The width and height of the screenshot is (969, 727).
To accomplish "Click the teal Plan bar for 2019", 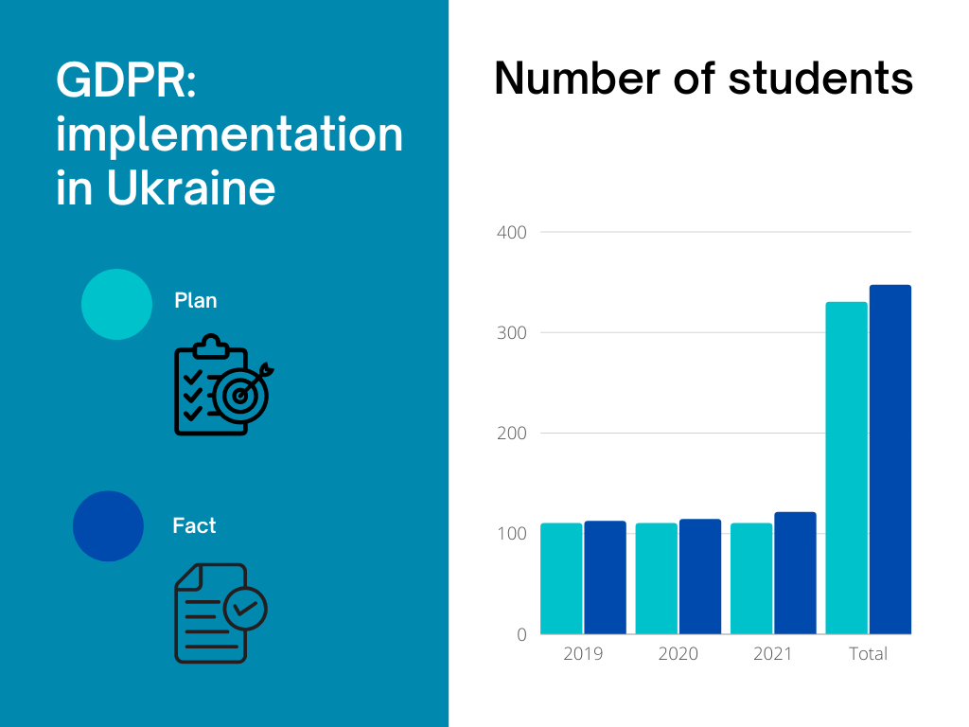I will click(x=561, y=578).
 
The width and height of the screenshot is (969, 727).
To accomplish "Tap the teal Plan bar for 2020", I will click(x=656, y=578).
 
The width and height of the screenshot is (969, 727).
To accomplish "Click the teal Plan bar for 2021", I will click(x=751, y=578).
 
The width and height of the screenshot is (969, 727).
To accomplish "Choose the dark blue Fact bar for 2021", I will click(x=795, y=573).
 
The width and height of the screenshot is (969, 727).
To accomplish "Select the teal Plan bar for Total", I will click(x=846, y=468).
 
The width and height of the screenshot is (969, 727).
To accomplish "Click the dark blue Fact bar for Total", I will click(x=890, y=459).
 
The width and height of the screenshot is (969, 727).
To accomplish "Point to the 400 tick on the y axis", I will click(x=511, y=232).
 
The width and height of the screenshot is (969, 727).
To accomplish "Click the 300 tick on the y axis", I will click(x=511, y=333).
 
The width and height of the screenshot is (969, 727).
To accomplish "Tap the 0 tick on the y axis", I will click(x=521, y=635).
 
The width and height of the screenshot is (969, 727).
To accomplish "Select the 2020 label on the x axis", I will click(x=678, y=654).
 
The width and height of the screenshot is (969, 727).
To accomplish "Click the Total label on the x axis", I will click(x=869, y=654).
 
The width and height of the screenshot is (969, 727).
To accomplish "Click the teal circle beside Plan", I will click(x=116, y=304).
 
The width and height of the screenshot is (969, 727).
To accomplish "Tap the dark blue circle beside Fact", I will click(x=108, y=526).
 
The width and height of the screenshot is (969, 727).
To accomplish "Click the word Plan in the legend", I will click(x=196, y=301).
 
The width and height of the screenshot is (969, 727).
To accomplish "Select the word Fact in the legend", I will click(x=194, y=525).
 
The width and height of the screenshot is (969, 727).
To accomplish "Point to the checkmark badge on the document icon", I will click(x=245, y=608).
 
